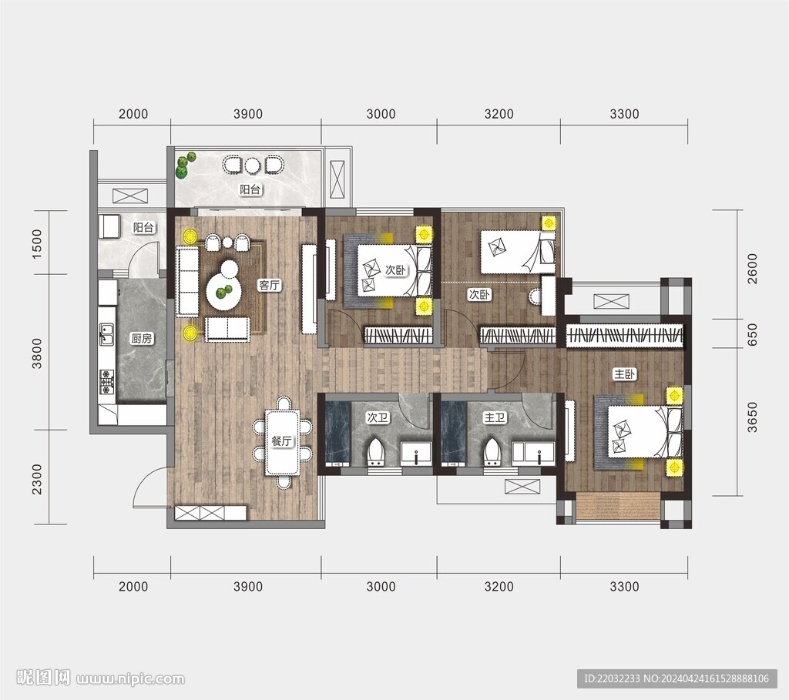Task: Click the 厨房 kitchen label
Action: coord(142,339)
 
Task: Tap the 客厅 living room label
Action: coord(269,286)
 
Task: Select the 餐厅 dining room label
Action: coord(282,441)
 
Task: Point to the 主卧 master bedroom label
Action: coord(624,374)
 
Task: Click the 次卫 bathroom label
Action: coord(378,417)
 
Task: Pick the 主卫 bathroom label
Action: coord(494,417)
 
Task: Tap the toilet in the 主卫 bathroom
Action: coord(492,451)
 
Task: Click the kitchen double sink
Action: coord(106,335)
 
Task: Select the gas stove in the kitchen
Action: coord(106,382)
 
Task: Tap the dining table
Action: coord(283,443)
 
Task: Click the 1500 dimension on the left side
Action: coord(37,244)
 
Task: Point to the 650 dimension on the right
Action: coord(752,334)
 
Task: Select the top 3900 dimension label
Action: coord(248,114)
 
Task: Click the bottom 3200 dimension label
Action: coord(499,586)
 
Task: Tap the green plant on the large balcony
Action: coord(186,165)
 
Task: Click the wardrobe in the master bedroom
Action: coord(625,336)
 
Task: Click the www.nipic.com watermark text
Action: coord(130,679)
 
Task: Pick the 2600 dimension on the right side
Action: coord(752,269)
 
